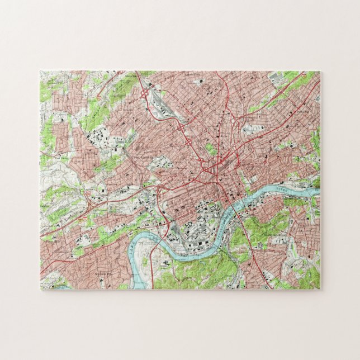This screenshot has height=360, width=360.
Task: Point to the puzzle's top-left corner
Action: [x=40, y=71]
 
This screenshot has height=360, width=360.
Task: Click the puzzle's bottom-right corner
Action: [x=320, y=289]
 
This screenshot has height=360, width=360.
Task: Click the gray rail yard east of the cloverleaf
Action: [x=168, y=109]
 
